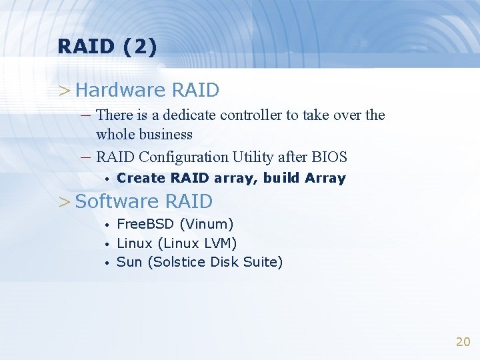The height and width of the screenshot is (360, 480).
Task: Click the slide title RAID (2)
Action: point(107,47)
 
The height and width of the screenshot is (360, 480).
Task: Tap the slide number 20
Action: point(463,342)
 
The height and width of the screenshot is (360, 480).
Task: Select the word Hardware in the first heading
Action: point(121,89)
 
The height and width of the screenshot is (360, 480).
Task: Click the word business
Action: point(162,135)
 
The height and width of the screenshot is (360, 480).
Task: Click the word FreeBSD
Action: point(146,225)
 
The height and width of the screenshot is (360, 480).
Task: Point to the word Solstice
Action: point(179,262)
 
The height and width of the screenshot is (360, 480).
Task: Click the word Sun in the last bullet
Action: point(129,262)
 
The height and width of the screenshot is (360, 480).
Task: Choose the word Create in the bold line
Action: point(141,178)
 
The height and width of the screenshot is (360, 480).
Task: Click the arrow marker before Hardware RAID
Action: point(64,90)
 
